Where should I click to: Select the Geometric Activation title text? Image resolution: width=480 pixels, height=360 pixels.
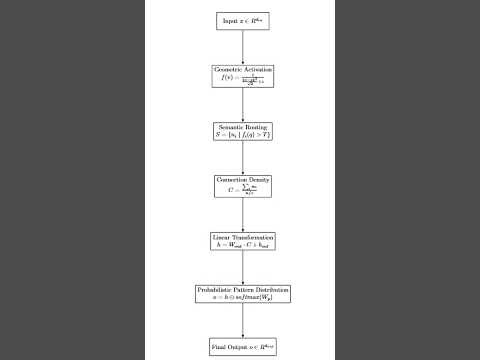point(242,71)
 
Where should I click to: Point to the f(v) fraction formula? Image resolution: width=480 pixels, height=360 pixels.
point(242,79)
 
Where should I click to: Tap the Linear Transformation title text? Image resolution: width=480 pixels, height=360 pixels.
point(242,236)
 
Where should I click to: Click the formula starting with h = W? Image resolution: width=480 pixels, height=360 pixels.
point(242,243)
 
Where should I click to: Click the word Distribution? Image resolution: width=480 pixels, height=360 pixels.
point(273,290)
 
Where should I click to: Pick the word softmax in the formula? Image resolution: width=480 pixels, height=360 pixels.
point(253,297)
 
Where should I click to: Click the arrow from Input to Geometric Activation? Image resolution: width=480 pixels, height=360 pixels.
point(242,46)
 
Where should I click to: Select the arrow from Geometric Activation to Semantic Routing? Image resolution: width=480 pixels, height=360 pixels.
point(242,102)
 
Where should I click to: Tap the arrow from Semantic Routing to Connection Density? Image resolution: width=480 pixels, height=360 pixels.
point(242,157)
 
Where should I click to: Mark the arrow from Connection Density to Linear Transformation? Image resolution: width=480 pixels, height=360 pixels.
point(242,212)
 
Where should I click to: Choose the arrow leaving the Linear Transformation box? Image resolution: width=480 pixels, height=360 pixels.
point(242,266)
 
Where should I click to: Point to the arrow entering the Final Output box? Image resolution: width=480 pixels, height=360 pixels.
point(242,322)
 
